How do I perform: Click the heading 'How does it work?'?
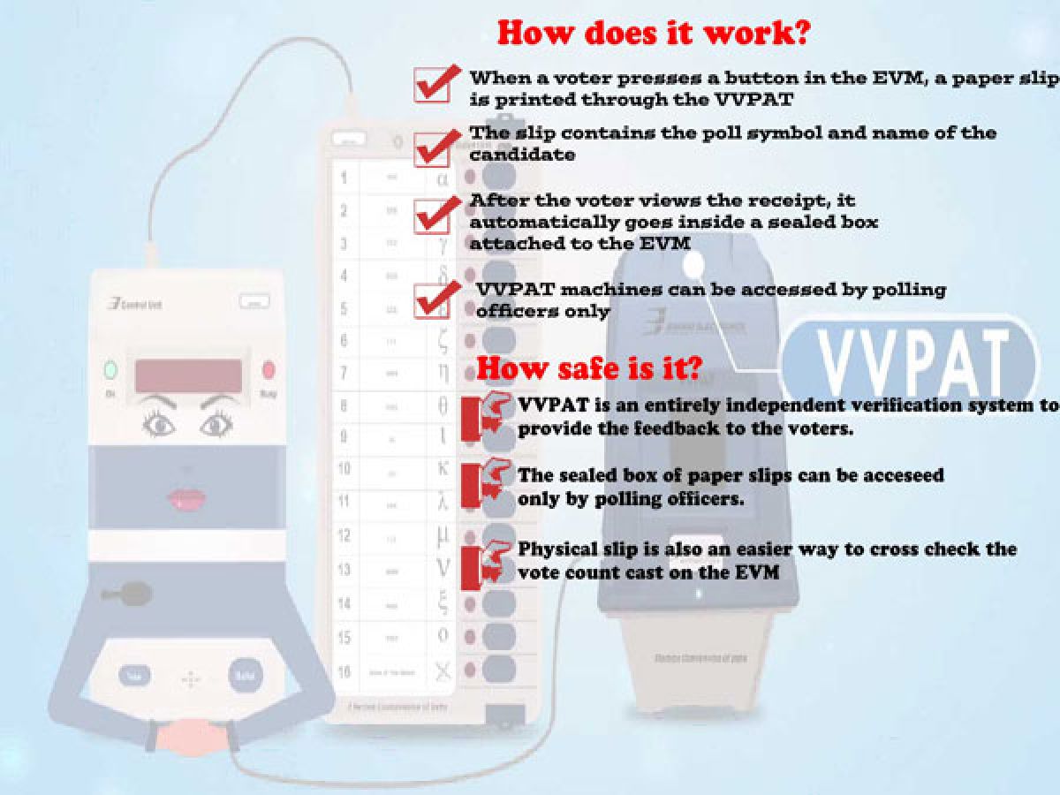click(655, 33)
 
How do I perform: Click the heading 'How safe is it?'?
click(589, 368)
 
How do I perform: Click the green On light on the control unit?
click(111, 370)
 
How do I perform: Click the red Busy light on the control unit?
click(269, 370)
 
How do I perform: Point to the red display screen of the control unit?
click(188, 375)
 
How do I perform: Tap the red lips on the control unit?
click(186, 497)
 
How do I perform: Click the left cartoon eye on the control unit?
click(159, 426)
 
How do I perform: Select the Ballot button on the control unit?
click(245, 677)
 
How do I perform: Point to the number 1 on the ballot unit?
click(344, 178)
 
